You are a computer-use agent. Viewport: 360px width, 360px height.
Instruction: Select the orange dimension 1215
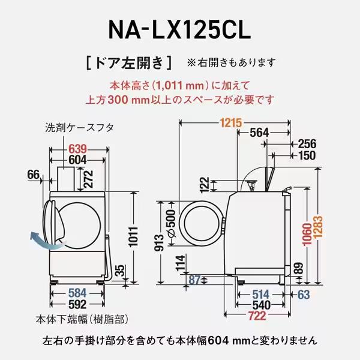[230, 123]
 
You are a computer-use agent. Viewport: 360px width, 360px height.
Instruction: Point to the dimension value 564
[259, 133]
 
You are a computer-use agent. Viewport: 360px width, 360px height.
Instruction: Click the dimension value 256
[307, 144]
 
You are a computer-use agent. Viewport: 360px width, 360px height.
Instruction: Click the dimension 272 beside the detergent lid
[89, 178]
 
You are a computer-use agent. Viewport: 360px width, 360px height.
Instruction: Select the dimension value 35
[121, 269]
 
